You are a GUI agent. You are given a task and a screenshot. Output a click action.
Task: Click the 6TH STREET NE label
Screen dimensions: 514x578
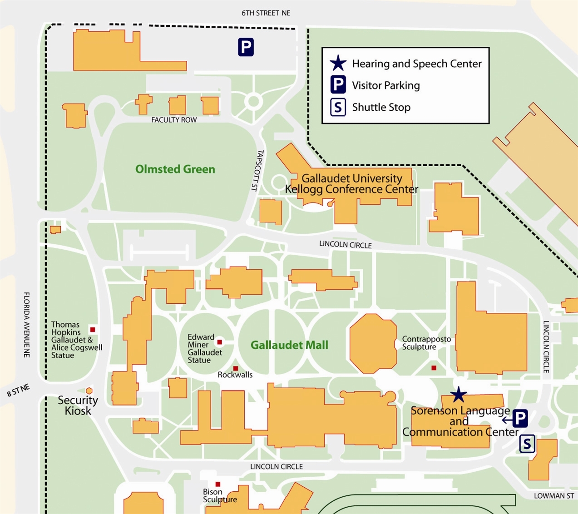pyautogui.click(x=266, y=13)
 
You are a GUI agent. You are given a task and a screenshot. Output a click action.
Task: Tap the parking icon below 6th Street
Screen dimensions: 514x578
pyautogui.click(x=246, y=47)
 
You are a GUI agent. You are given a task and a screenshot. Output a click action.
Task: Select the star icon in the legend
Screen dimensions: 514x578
pyautogui.click(x=338, y=64)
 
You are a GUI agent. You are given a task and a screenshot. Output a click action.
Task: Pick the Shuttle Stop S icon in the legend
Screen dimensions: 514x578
pyautogui.click(x=338, y=107)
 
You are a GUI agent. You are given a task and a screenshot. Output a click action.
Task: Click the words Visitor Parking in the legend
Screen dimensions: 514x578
pyautogui.click(x=385, y=85)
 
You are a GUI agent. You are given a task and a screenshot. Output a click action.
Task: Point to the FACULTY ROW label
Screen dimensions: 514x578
pyautogui.click(x=174, y=120)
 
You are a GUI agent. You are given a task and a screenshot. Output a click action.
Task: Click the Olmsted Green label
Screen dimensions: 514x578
pyautogui.click(x=175, y=169)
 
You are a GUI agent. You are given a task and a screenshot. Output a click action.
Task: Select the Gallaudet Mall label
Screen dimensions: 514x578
pyautogui.click(x=289, y=345)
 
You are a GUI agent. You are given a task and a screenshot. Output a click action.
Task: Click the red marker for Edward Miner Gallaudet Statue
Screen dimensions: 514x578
pyautogui.click(x=220, y=342)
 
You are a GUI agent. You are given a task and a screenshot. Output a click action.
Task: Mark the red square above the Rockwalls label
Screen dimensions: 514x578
pyautogui.click(x=236, y=368)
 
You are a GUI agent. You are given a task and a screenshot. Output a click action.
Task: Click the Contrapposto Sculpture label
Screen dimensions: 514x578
pyautogui.click(x=426, y=343)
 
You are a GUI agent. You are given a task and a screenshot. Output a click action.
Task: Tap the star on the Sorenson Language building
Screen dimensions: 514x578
pyautogui.click(x=459, y=395)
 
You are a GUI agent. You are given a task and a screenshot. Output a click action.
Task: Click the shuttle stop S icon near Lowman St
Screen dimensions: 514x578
pyautogui.click(x=527, y=444)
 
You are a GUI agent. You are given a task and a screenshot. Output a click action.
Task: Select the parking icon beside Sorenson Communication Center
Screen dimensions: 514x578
pyautogui.click(x=520, y=418)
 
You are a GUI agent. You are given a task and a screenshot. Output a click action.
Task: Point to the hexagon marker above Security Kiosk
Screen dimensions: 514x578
pyautogui.click(x=89, y=390)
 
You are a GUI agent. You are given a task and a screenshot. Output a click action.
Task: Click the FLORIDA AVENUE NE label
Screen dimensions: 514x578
pyautogui.click(x=27, y=324)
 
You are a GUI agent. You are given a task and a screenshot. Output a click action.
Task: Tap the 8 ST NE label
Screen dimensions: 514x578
pyautogui.click(x=18, y=390)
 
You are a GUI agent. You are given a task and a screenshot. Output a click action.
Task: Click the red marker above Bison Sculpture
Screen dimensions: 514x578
pyautogui.click(x=218, y=484)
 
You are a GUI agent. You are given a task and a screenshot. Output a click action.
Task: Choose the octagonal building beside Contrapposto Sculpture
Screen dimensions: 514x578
pyautogui.click(x=373, y=343)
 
